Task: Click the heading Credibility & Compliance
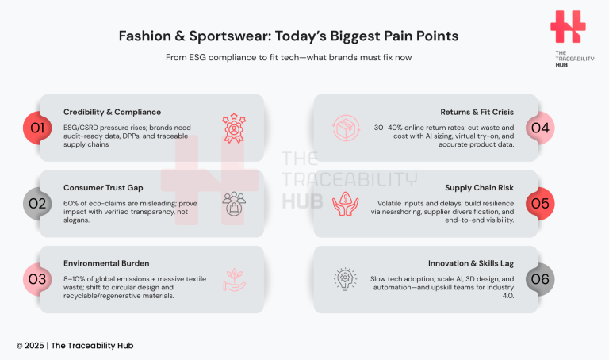click(x=112, y=112)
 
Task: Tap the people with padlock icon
click(x=236, y=203)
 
